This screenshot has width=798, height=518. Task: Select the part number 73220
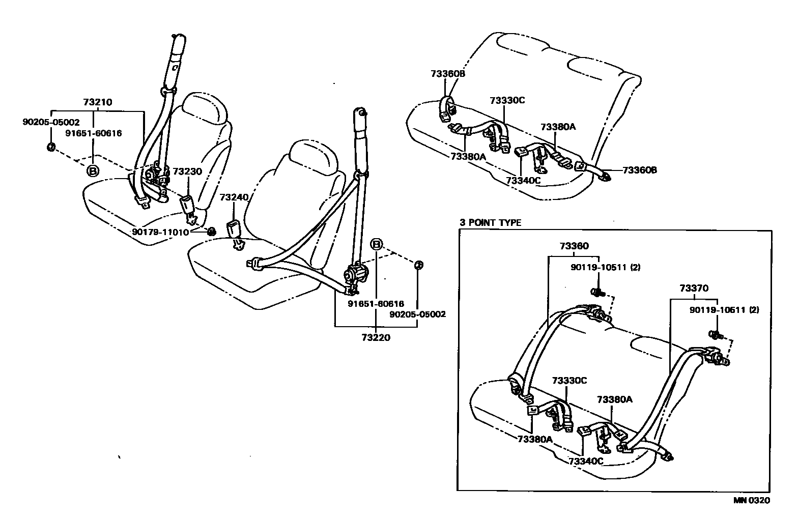point(376,337)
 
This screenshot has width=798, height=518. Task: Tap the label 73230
point(187,171)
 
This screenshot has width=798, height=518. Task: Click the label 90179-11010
point(160,232)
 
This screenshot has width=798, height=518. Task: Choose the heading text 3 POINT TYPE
point(490,223)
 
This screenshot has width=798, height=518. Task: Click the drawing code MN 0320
point(752,500)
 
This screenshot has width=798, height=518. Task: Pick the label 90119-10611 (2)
point(724,309)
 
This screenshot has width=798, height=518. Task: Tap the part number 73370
point(693,288)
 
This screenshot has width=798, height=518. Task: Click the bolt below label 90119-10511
point(596,292)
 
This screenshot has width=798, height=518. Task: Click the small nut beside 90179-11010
point(211,232)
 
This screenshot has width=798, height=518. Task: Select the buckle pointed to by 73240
point(235,230)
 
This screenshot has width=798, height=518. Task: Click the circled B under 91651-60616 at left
point(93,170)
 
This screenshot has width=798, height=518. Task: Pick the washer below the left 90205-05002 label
point(51,147)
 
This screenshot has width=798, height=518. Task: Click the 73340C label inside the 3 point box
point(586,462)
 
